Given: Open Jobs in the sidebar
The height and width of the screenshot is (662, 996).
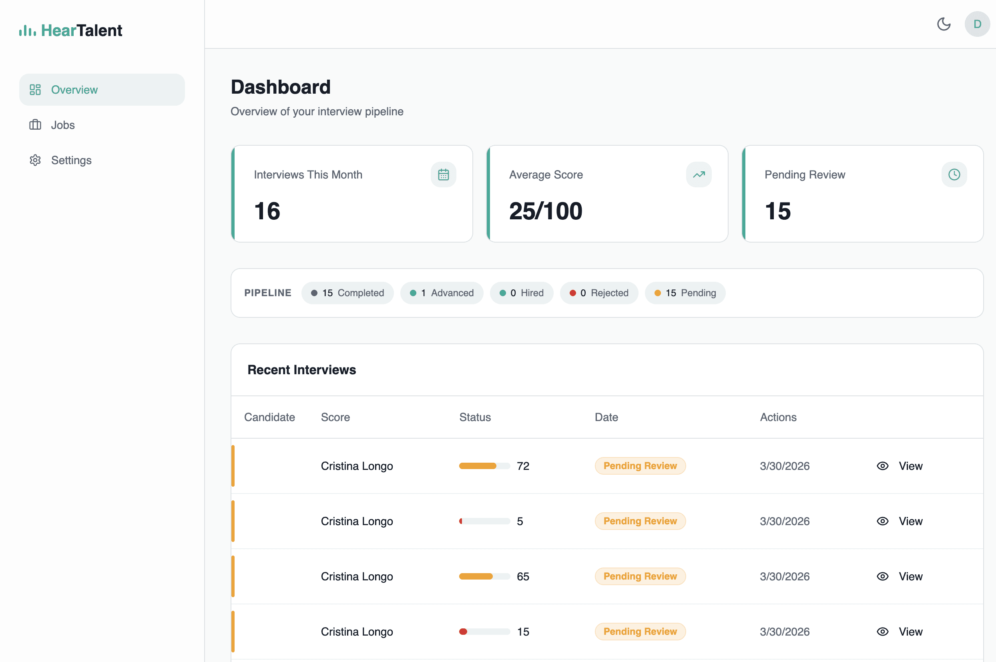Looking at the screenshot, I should [62, 125].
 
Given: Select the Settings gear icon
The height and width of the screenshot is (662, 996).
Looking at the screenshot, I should [35, 160].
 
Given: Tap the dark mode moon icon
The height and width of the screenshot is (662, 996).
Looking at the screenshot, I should [944, 24].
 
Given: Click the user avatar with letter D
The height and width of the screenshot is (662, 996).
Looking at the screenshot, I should [977, 24].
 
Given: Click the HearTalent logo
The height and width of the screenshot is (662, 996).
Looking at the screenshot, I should [71, 30].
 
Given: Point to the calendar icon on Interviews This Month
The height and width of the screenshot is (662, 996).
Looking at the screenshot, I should [443, 175].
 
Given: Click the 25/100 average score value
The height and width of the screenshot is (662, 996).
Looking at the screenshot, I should [546, 211].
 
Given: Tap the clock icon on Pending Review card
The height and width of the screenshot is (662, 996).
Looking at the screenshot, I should [954, 175].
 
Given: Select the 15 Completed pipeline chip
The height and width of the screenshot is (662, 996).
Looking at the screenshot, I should [347, 293].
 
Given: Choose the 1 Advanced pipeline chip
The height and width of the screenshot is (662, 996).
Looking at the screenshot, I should [442, 293].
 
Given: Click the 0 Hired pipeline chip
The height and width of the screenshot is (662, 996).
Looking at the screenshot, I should [522, 293].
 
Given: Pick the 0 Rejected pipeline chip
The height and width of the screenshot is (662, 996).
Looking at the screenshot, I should [599, 293].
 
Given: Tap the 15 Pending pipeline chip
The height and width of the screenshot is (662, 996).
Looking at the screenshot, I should [685, 293].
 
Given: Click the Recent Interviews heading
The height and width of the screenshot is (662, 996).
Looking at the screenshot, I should [301, 370].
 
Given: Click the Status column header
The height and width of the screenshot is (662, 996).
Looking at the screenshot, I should [475, 417].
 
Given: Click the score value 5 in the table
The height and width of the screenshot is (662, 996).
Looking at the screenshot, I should [520, 522].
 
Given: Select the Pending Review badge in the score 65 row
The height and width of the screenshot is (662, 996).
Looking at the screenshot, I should [640, 576].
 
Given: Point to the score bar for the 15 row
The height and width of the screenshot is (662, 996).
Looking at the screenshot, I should [484, 632].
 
